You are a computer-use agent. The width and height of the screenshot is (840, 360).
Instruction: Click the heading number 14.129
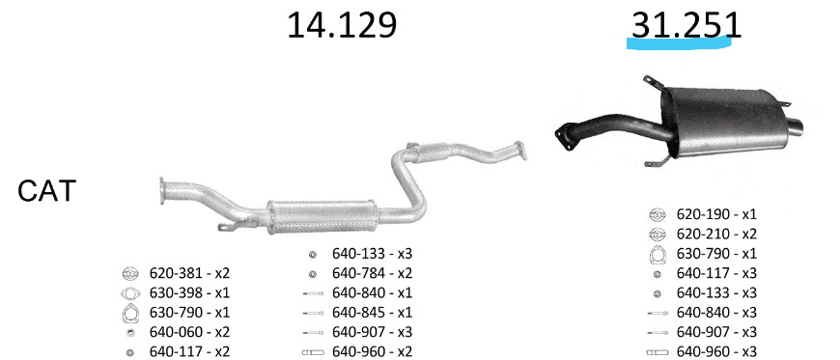coord(342,25)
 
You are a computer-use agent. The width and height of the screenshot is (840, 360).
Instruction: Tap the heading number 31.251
coord(686,25)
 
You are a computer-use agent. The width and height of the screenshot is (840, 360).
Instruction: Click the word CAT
coord(47,191)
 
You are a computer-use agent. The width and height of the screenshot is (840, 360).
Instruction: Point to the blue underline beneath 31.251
coord(680,42)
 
